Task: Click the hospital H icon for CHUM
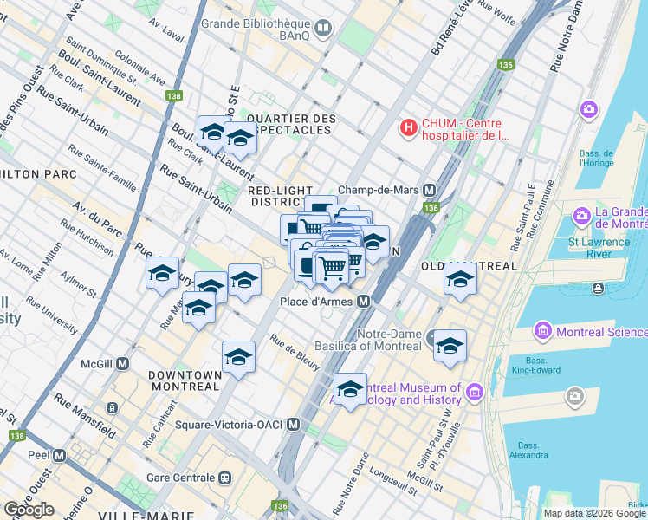coord(408,128)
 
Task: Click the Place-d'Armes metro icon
coord(364,302)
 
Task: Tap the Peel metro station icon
coord(59,455)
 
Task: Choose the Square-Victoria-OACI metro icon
coord(293,425)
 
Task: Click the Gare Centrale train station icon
coord(225,478)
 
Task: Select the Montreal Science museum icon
coord(543,331)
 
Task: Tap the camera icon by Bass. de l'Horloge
coord(589,110)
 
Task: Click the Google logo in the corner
coord(29,510)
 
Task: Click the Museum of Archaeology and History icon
coord(473,393)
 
